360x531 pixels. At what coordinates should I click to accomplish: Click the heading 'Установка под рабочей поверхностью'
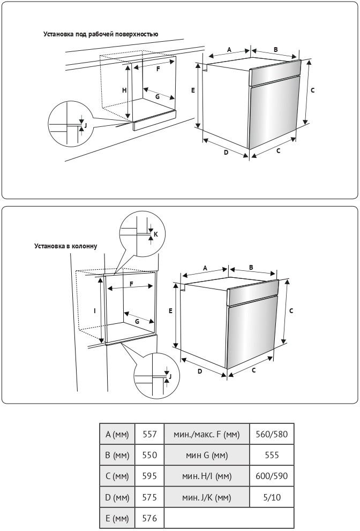101,34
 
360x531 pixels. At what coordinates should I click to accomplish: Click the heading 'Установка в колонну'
66,246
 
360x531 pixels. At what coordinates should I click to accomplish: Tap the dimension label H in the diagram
124,90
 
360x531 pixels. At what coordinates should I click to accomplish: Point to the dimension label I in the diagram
95,310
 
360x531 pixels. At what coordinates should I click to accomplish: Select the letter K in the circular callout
156,234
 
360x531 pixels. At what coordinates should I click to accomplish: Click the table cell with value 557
149,434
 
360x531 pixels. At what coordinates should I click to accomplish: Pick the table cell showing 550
149,455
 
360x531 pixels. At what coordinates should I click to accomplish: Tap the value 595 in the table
149,476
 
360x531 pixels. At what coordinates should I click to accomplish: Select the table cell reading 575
149,497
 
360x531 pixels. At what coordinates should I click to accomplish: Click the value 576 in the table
149,518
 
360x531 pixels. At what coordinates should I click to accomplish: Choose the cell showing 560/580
272,434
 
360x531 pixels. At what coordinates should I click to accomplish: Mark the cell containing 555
272,455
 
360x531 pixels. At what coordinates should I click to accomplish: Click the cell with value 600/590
272,476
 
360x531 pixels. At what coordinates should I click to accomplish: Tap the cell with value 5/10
272,497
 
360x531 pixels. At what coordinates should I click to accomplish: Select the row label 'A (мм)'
117,434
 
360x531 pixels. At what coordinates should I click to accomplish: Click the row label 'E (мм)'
117,518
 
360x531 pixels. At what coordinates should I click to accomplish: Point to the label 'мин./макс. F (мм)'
206,434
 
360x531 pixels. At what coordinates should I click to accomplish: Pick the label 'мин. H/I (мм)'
206,476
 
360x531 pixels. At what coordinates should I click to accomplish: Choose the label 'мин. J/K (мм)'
206,497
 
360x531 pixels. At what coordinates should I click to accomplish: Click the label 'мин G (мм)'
206,455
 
